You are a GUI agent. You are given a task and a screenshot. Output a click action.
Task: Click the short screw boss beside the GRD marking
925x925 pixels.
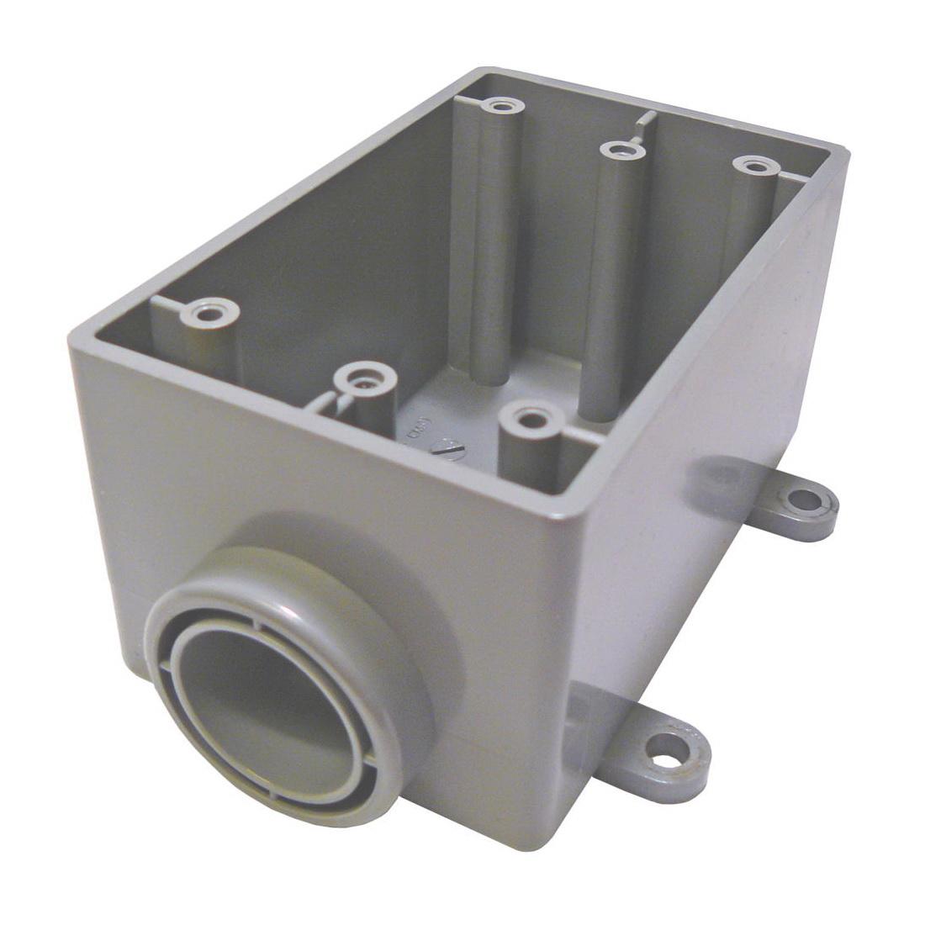(365, 379)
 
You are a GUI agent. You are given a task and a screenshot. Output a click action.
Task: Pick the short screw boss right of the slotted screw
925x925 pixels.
(528, 419)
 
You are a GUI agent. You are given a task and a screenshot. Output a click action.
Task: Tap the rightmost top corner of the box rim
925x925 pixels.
(845, 156)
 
